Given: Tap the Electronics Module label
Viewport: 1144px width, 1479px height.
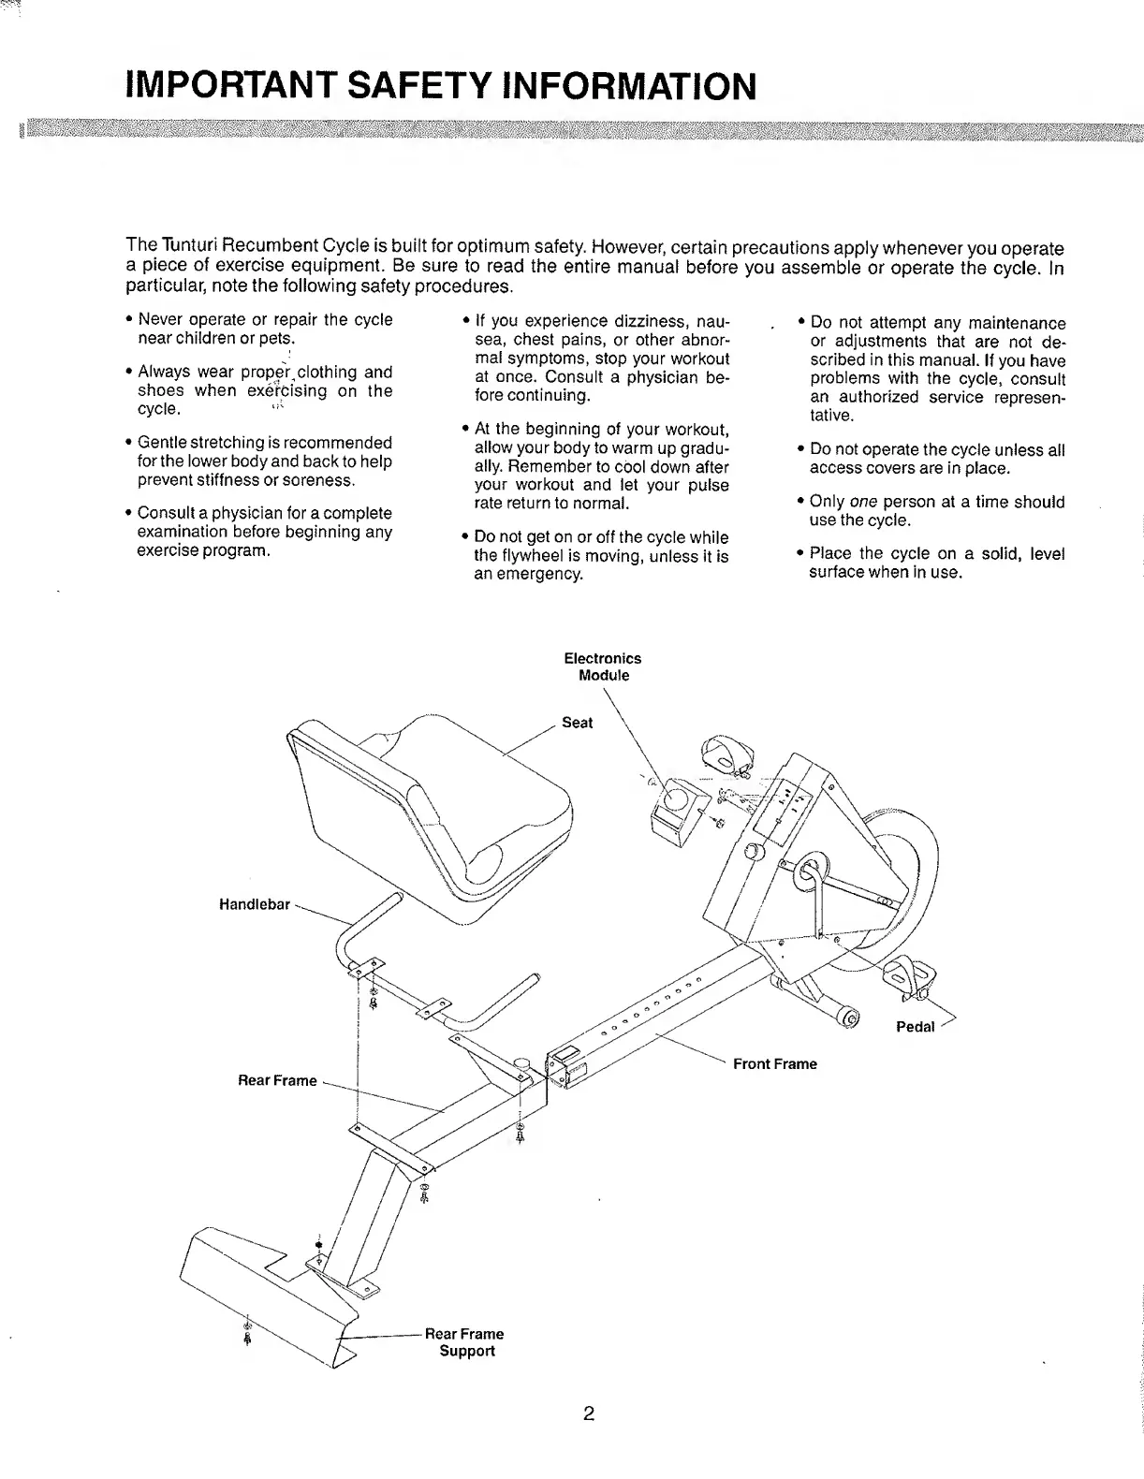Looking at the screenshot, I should [603, 666].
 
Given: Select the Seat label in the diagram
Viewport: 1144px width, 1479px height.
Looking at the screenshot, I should [577, 723].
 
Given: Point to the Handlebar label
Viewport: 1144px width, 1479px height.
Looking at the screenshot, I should [254, 905].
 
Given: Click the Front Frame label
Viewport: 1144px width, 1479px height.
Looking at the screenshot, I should [774, 1063].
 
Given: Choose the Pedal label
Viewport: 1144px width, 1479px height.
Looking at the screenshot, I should [915, 1027].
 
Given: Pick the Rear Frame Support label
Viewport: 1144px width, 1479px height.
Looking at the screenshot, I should [464, 1342].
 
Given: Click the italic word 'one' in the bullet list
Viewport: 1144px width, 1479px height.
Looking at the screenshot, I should [863, 502].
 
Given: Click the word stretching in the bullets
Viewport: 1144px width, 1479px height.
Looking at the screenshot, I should [228, 443].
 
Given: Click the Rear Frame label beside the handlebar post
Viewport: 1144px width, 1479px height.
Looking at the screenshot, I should [278, 1080].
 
